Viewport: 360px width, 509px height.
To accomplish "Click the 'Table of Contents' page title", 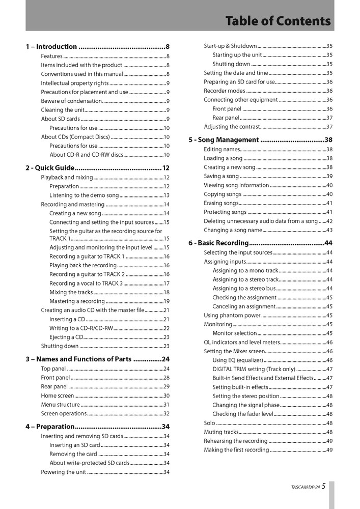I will pos(278,21).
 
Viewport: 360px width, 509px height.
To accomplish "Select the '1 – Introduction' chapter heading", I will pos(51,47).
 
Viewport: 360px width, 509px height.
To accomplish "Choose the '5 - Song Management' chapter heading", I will pos(224,139).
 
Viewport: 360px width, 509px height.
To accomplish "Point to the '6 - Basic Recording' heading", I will pos(218,243).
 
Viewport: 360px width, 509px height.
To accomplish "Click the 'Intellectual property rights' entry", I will pos(75,83).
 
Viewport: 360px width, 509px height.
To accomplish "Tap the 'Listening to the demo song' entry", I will pos(84,195).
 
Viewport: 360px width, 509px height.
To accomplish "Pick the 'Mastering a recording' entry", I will pos(77,301).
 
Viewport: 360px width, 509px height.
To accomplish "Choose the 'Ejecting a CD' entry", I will pos(66,337).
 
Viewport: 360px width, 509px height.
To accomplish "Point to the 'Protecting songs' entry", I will pos(225,212).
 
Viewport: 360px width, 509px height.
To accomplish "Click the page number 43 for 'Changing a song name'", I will pos(329,230).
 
